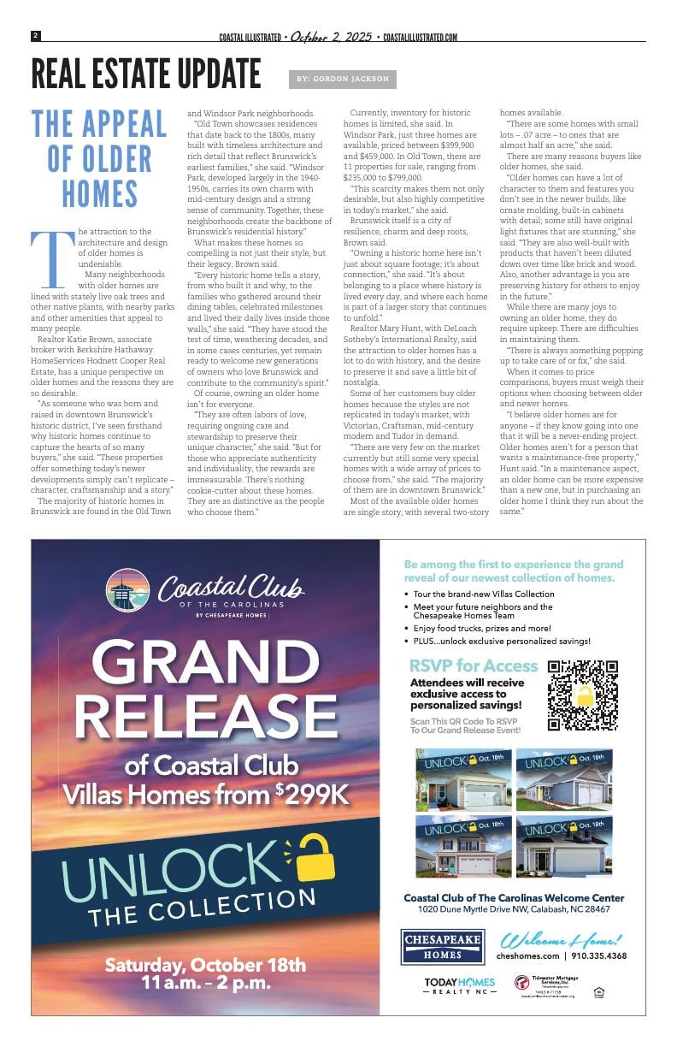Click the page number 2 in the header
(x=36, y=36)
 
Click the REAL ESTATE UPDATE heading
(x=145, y=74)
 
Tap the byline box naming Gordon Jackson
(x=343, y=79)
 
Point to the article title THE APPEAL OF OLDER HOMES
(x=99, y=159)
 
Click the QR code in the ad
(x=583, y=695)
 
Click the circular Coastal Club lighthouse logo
(x=127, y=591)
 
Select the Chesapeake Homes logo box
(x=443, y=948)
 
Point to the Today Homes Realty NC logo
(x=459, y=986)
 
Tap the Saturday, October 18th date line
(x=205, y=965)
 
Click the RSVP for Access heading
(x=474, y=665)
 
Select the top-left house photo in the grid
(x=462, y=779)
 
